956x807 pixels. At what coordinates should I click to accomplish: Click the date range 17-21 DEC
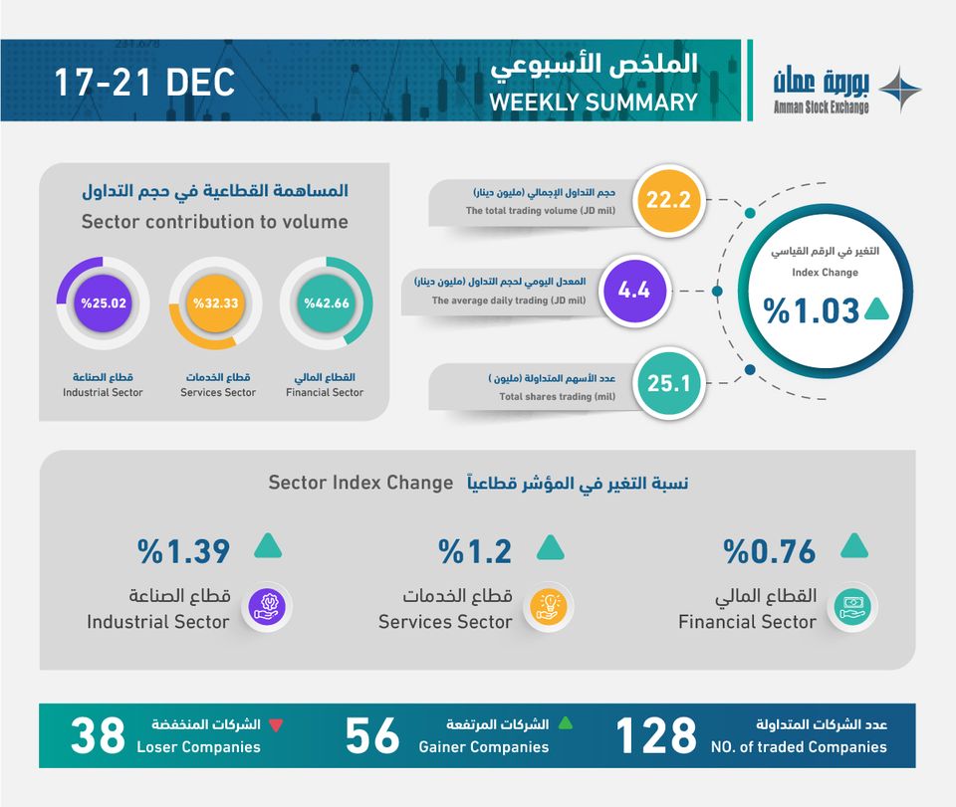pos(144,83)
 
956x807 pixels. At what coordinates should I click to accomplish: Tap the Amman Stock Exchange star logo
pos(899,91)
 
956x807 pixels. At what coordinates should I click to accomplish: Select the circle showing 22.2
pos(667,200)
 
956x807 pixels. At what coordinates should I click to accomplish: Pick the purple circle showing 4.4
pos(633,291)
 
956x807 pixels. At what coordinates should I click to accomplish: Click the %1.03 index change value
pos(812,310)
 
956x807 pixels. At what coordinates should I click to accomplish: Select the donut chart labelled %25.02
pos(103,303)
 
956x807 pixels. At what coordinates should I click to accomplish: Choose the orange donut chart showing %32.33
pos(215,303)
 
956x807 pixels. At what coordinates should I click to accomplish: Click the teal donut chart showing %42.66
pos(327,303)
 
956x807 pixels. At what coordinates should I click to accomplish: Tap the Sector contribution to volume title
pos(215,222)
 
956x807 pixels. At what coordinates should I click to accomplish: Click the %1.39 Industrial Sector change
pos(184,550)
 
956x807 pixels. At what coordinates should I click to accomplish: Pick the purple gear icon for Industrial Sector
pos(266,605)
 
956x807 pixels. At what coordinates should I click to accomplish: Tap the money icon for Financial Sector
pos(852,605)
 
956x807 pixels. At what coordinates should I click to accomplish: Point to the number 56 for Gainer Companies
pos(372,736)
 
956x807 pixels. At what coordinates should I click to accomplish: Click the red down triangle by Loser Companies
pos(276,724)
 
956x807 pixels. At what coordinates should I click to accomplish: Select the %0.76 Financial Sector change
pos(770,550)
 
